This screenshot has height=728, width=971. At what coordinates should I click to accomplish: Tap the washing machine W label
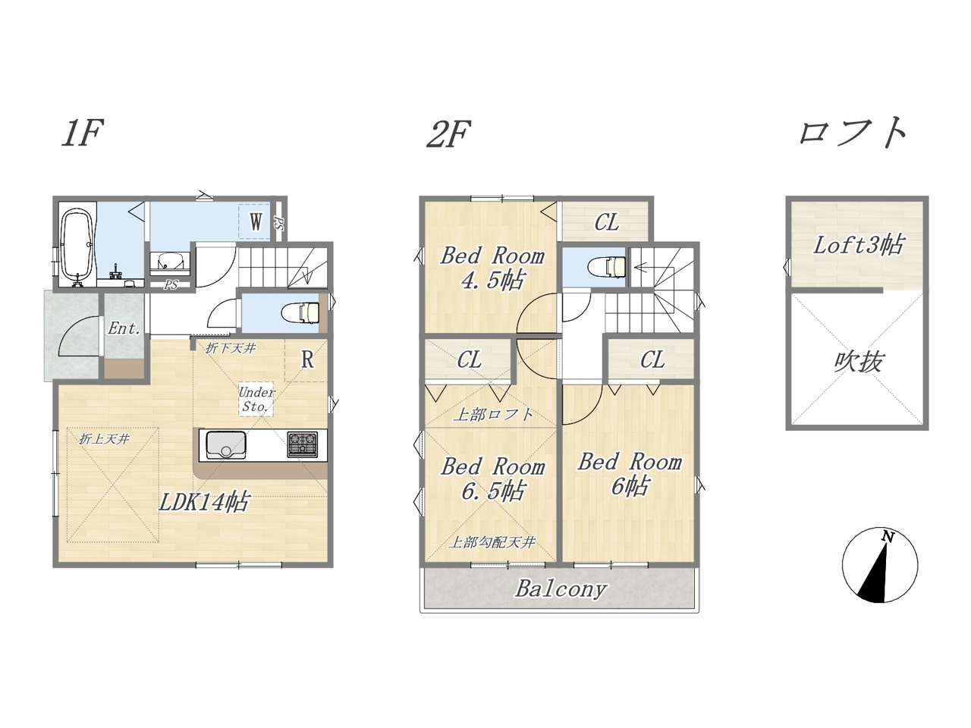256,221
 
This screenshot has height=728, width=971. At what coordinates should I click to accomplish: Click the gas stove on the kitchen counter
303,444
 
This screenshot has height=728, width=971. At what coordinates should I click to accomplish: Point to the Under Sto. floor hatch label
256,399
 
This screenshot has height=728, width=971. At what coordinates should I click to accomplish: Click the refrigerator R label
308,359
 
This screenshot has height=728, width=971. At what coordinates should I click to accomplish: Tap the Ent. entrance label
124,328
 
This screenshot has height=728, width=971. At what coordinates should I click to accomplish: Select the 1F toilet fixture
301,312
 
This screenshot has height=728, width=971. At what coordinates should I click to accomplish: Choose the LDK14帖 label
204,502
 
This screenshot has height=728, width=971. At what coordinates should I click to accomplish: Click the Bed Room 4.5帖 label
492,268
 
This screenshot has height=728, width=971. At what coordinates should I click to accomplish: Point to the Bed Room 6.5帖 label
493,479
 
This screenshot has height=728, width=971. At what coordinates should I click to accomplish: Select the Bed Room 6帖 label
630,474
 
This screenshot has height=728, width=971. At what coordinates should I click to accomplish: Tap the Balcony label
561,589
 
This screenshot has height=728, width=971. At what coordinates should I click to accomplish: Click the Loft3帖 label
858,245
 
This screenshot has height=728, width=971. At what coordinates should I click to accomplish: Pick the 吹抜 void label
858,362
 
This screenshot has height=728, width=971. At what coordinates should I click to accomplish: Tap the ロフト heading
852,133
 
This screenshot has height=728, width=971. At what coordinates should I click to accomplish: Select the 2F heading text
448,133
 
